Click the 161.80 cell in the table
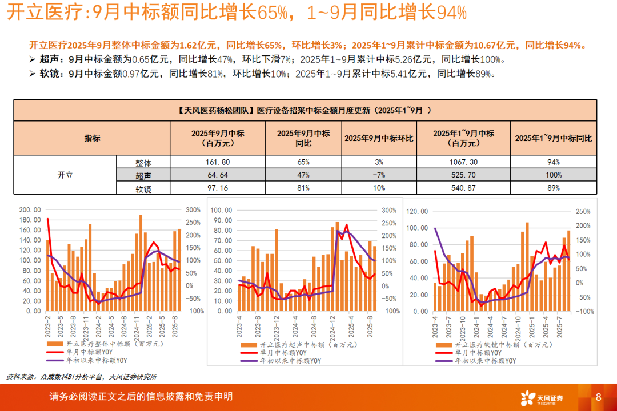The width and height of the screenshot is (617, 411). click(217, 162)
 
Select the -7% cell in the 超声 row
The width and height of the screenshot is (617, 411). click(379, 175)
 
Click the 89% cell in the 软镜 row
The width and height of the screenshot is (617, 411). click(553, 187)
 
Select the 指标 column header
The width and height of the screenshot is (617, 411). click(92, 138)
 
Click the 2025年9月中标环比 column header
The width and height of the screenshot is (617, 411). click(379, 138)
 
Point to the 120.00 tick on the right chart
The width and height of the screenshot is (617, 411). click(417, 212)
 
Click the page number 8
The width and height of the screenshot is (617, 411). click(598, 397)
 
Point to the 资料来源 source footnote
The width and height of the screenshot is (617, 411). click(82, 377)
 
